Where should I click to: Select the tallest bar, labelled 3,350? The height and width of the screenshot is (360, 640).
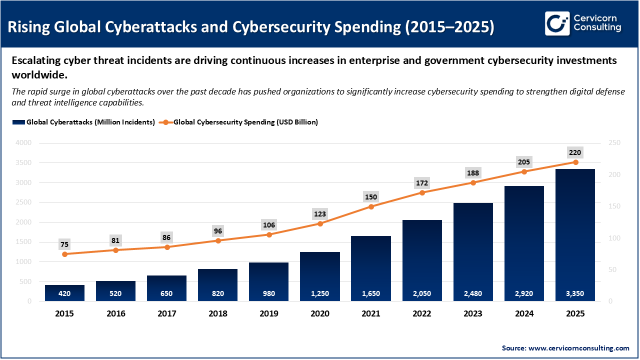click(575, 235)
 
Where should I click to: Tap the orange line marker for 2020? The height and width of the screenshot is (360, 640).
click(320, 223)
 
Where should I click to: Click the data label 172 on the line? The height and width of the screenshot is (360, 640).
click(422, 182)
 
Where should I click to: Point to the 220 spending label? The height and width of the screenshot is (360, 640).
click(575, 152)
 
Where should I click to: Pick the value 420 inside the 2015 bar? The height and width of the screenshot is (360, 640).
click(64, 293)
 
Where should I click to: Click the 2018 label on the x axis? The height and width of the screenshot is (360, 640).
click(218, 314)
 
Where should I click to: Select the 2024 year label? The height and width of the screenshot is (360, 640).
click(524, 314)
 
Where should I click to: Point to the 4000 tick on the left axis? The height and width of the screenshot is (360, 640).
click(23, 143)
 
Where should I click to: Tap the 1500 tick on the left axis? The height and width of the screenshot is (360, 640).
click(23, 242)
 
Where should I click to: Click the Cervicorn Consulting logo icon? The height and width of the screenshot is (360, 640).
click(557, 23)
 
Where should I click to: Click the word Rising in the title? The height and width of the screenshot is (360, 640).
click(32, 26)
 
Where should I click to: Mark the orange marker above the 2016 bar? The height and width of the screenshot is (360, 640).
click(115, 250)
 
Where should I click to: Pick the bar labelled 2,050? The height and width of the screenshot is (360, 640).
click(422, 260)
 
